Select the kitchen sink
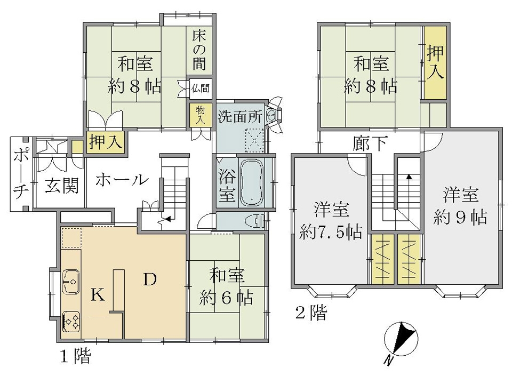71,282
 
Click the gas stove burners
71,321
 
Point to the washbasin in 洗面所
271,115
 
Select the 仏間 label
200,88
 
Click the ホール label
122,179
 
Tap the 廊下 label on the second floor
370,143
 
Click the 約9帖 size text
460,217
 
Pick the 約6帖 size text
226,298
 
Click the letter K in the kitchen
97,295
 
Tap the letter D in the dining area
150,279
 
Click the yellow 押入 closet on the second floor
435,63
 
